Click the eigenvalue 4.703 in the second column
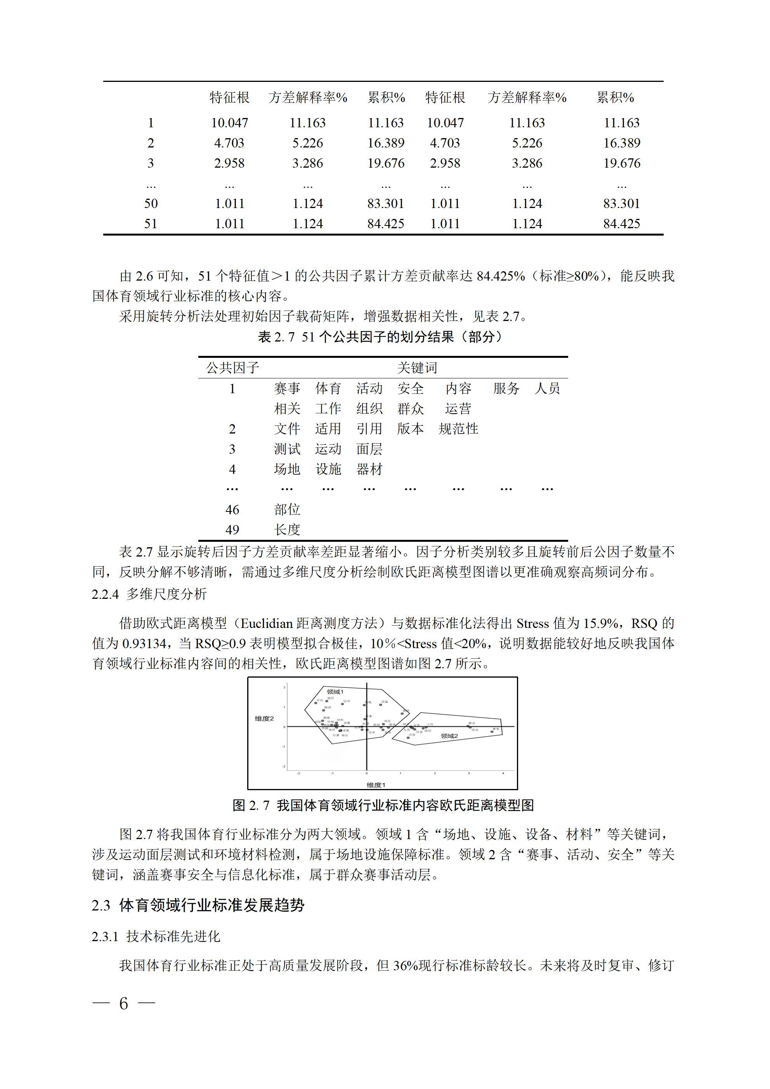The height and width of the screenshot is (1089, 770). (x=229, y=143)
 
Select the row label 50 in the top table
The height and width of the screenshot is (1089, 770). (x=151, y=203)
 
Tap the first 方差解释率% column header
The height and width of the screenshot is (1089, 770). (x=308, y=98)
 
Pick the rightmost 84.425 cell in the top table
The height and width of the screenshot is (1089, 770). (x=621, y=224)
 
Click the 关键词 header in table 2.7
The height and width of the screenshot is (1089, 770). (x=417, y=368)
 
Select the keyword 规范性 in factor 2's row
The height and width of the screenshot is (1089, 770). (x=458, y=429)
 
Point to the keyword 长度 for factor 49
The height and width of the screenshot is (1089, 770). (x=287, y=530)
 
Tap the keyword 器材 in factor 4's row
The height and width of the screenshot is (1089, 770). (x=369, y=470)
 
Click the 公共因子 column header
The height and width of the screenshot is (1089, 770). (x=232, y=368)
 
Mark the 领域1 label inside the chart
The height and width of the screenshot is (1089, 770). (x=335, y=692)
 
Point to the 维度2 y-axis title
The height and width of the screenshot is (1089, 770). (x=264, y=719)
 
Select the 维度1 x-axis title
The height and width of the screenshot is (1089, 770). (x=376, y=785)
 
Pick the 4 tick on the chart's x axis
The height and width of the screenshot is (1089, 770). (x=503, y=773)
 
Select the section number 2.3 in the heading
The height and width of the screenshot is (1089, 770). (x=101, y=905)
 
